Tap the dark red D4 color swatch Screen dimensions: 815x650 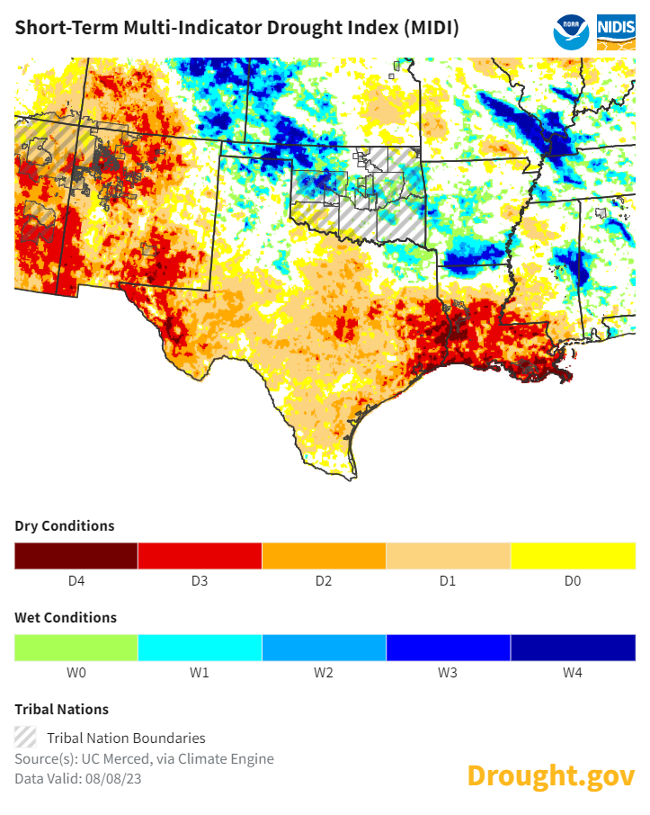coord(76,556)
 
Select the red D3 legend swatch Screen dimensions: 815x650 coord(200,556)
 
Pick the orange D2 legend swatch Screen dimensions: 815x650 coord(324,556)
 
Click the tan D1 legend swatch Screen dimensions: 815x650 coord(448,556)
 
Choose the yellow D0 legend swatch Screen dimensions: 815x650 coord(573,556)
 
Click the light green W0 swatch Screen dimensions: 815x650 coord(76,648)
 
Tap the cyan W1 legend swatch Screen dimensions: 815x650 coord(200,648)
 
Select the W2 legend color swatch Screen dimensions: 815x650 coord(324,648)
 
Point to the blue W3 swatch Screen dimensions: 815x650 coord(448,648)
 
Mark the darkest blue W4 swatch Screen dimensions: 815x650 coord(573,648)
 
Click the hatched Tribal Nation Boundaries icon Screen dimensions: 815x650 coord(26,737)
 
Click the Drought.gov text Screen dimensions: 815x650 coord(550,775)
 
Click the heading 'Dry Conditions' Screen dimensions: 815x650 coord(65,525)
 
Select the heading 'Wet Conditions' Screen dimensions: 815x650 coord(66,618)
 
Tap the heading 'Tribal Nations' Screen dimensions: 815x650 coord(61,710)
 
